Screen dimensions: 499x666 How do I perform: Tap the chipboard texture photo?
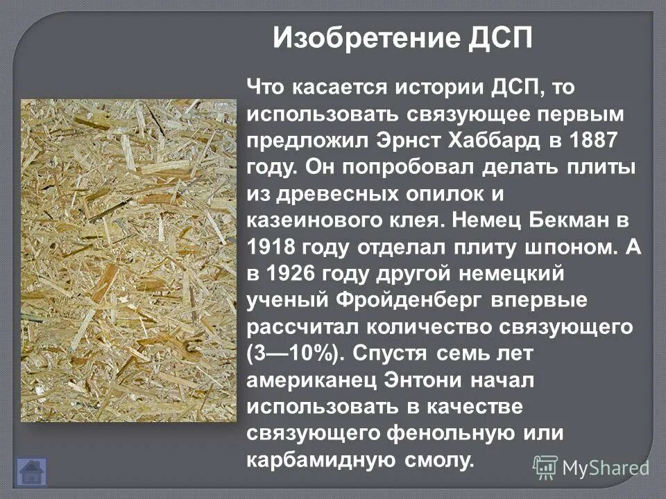[128, 261]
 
